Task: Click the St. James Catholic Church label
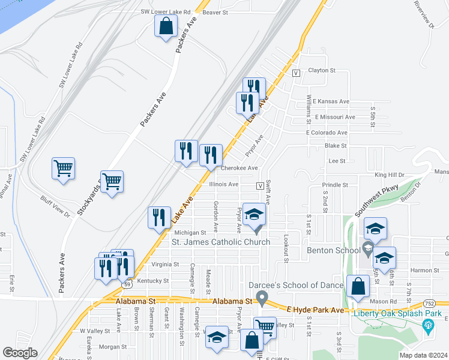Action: (x=221, y=242)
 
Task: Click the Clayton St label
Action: (x=322, y=70)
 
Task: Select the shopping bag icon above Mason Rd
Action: (x=358, y=287)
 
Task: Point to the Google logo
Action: (x=20, y=353)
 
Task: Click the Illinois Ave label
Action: (x=224, y=184)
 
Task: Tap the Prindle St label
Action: (x=334, y=185)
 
